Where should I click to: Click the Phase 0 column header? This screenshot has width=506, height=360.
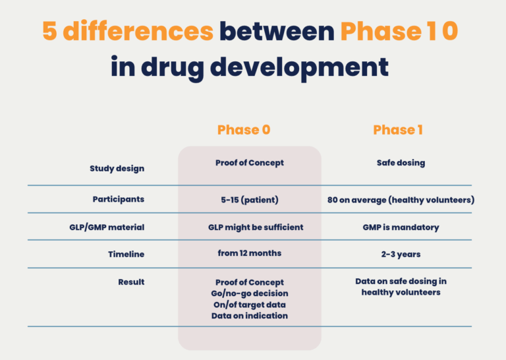point(244,130)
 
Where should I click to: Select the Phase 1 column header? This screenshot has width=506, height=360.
point(398,130)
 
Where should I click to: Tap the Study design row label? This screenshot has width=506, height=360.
point(117,168)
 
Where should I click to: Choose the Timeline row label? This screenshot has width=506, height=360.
point(126,254)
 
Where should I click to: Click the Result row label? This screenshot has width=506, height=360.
point(131,282)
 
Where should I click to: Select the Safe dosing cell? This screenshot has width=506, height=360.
point(401,163)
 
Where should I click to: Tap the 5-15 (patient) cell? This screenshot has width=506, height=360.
point(249,198)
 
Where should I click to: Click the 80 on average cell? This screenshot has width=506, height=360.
point(401,199)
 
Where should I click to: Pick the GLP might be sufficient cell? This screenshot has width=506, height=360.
point(256,227)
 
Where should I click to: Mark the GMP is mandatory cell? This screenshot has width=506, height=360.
point(401,227)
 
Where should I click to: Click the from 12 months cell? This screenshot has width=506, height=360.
point(249,253)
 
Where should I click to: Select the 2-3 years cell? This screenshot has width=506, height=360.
point(401,254)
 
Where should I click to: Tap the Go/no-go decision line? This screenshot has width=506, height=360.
point(249,293)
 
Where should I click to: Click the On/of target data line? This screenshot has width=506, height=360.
point(249,304)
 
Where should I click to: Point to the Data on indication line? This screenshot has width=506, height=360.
point(249,315)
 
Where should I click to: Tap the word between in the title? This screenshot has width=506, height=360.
point(277,31)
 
